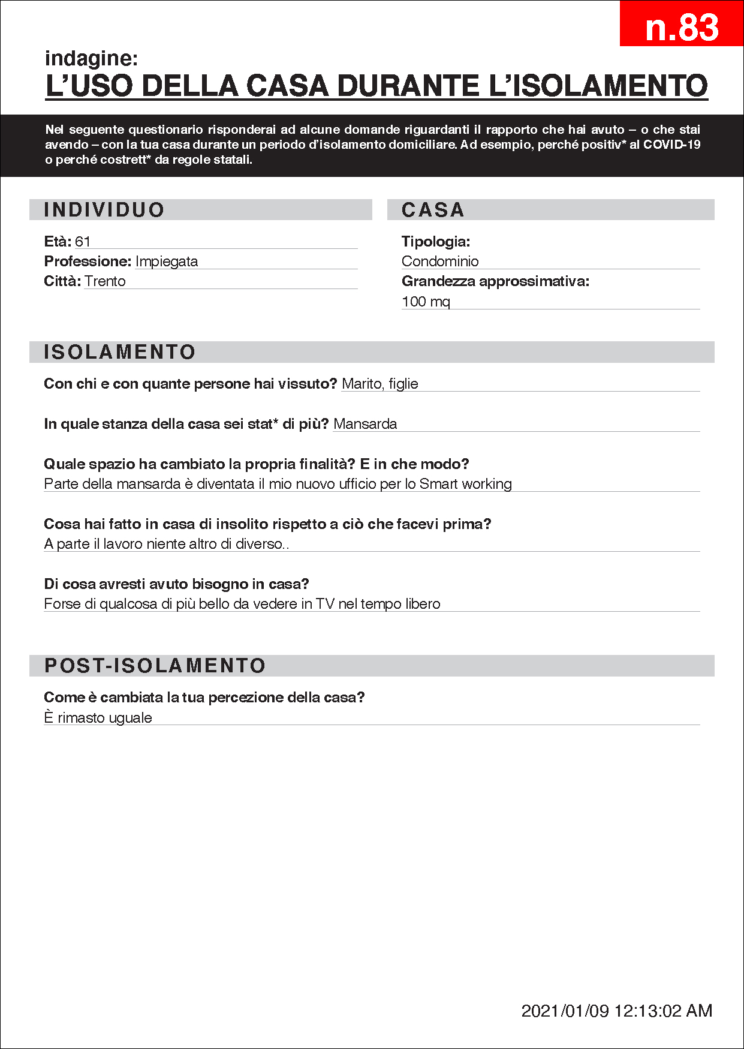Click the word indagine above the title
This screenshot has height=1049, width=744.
(x=91, y=58)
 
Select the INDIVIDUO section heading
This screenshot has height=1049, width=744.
(x=104, y=210)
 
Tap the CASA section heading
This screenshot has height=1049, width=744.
(x=433, y=210)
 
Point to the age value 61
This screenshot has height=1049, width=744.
(x=83, y=242)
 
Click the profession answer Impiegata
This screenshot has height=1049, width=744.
(x=167, y=262)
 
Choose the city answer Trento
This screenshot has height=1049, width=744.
(x=105, y=281)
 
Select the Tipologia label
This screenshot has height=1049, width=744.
(x=436, y=242)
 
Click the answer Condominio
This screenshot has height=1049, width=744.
(x=440, y=262)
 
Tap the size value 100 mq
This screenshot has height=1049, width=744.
(x=426, y=301)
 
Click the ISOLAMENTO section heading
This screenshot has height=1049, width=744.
(x=120, y=352)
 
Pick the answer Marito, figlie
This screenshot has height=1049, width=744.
(x=380, y=384)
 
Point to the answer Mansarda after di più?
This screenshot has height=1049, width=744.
(x=365, y=424)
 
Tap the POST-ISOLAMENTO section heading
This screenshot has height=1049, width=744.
(x=155, y=666)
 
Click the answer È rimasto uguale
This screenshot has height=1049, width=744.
(x=98, y=718)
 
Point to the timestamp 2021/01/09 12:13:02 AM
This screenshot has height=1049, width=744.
(x=617, y=1011)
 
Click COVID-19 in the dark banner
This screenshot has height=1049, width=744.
(x=671, y=145)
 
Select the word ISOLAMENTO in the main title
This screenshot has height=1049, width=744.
(x=611, y=85)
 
